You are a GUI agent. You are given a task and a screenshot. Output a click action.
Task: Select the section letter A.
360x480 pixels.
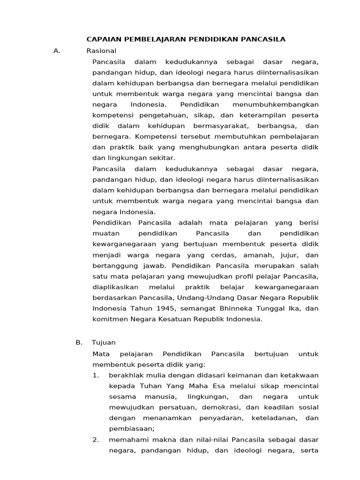57,51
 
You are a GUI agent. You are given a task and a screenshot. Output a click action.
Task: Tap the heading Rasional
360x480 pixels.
101,51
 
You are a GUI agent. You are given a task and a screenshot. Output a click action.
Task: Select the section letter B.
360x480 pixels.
79,343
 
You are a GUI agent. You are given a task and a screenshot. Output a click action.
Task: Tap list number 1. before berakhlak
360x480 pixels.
96,375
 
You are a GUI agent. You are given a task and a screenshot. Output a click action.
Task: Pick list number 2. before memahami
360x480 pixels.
96,440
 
